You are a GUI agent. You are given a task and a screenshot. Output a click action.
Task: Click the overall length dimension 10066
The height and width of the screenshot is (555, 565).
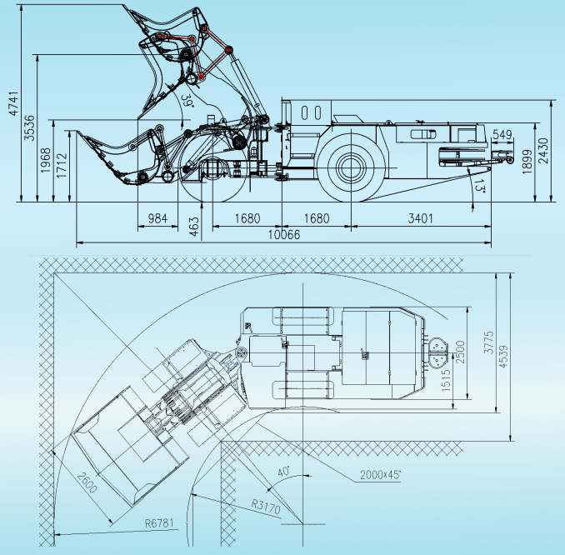pos(284,235)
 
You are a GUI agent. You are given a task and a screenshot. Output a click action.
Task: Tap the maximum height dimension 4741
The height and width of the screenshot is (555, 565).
pos(13,103)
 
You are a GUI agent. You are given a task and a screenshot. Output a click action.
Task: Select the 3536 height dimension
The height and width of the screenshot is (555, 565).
pos(29,128)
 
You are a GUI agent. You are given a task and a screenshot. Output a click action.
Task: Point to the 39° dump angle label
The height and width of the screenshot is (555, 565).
pos(187,101)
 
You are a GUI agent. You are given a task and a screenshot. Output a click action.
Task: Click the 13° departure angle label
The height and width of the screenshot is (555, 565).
pos(480,186)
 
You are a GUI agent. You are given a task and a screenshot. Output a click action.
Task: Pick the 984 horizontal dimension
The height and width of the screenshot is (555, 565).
pos(157,218)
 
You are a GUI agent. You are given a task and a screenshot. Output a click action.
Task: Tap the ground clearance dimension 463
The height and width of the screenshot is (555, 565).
pos(194,227)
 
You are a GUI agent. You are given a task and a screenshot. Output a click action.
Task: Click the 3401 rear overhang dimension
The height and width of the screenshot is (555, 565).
pos(421,218)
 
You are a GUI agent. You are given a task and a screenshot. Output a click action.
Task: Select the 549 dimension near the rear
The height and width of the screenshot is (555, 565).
pos(502,134)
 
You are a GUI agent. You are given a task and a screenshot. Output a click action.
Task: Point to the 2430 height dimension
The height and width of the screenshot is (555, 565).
pos(543,151)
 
